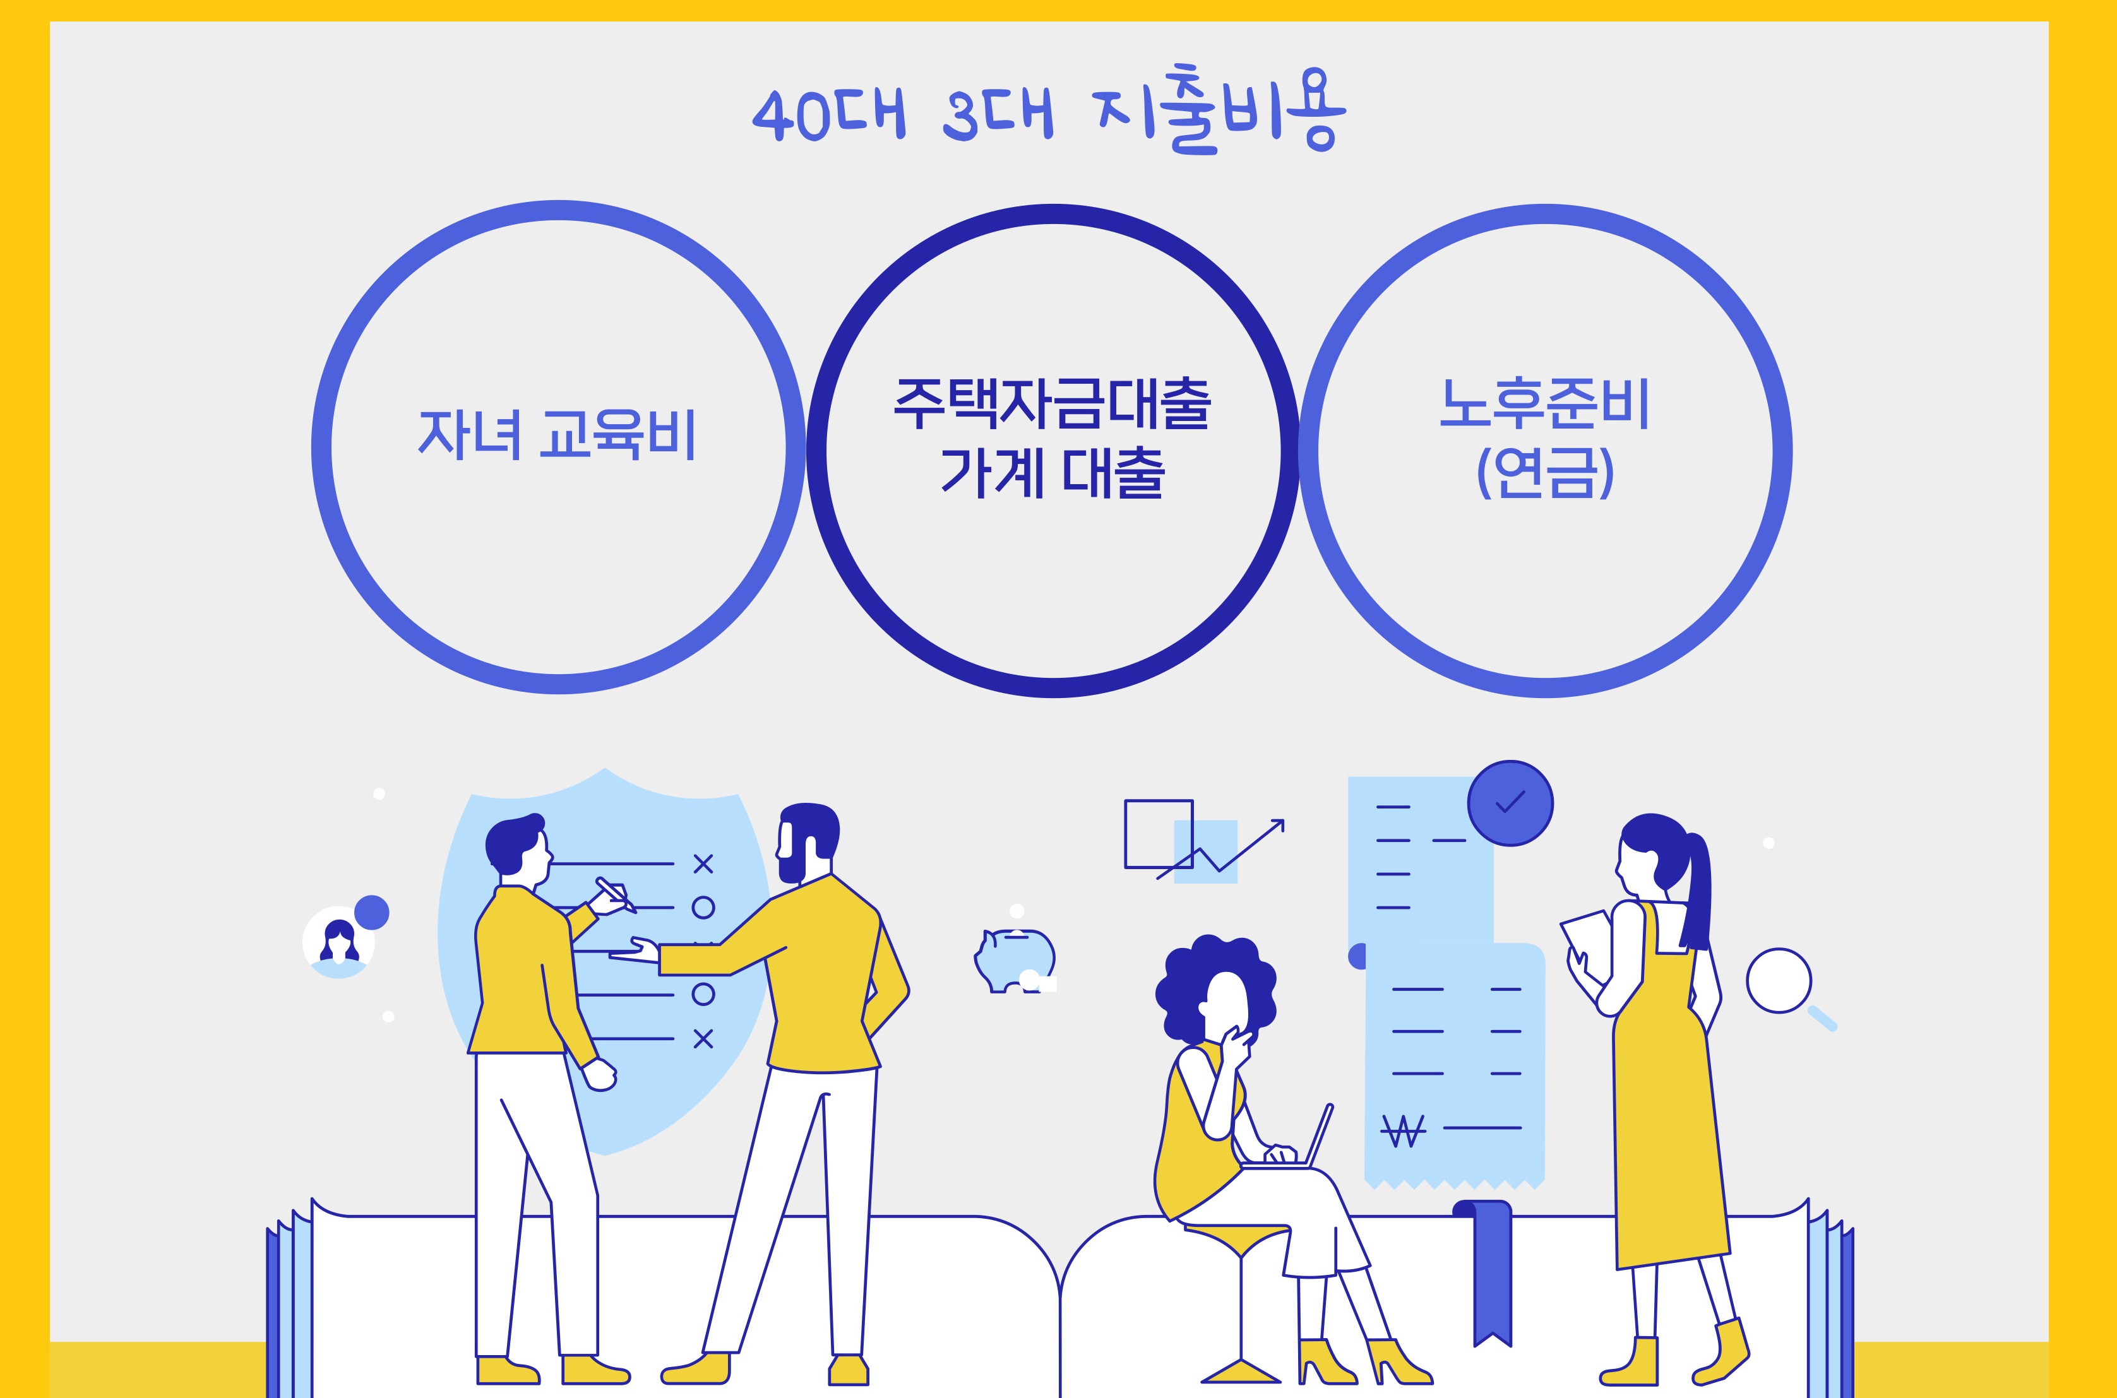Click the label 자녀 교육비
[558, 434]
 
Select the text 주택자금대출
[1053, 404]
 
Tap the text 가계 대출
[1053, 473]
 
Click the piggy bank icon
[1015, 959]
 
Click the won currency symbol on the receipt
[1403, 1130]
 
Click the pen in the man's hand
[616, 894]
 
